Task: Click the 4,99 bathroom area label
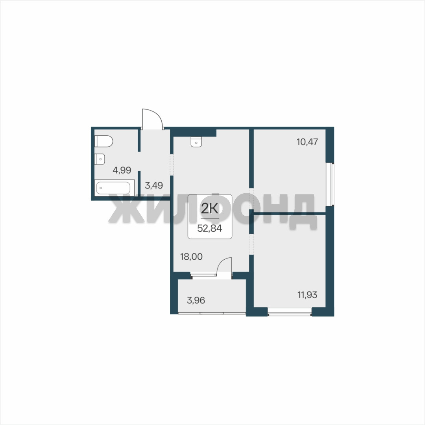[122, 170]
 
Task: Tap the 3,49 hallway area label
[154, 186]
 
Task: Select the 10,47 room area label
[307, 142]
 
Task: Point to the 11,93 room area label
[307, 295]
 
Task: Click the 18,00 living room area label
[191, 257]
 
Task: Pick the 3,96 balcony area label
[196, 300]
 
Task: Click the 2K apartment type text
[209, 208]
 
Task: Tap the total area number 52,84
[210, 228]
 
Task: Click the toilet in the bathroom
[103, 141]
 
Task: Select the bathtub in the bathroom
[115, 187]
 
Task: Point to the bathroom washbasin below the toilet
[100, 159]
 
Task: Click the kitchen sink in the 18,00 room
[196, 142]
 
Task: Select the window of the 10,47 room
[330, 185]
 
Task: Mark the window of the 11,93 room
[290, 312]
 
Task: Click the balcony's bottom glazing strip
[212, 313]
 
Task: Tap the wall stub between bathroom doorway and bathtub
[139, 183]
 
